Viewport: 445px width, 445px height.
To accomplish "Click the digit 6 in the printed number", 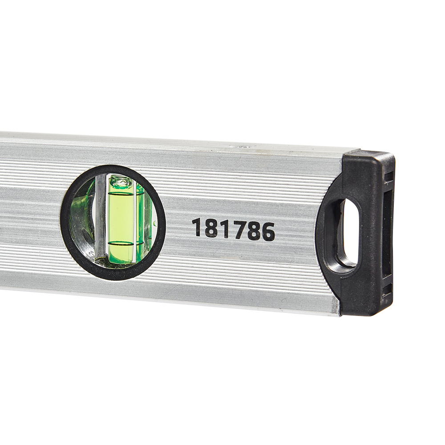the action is [x=267, y=231].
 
